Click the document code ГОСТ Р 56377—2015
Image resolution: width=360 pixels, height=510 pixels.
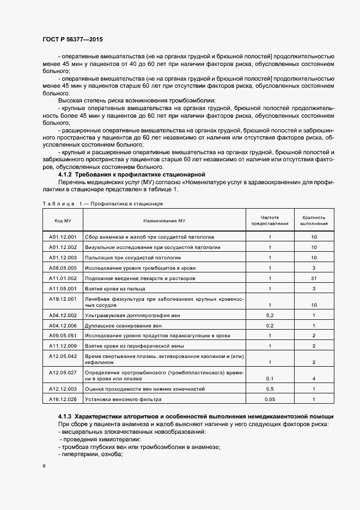72,40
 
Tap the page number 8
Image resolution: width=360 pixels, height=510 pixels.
44,466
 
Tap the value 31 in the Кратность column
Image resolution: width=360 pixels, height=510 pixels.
314,278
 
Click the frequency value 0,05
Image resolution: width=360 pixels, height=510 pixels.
270,399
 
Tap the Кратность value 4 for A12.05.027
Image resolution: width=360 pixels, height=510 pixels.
314,378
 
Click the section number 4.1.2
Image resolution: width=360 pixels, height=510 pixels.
66,174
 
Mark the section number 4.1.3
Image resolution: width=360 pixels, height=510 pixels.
66,416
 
